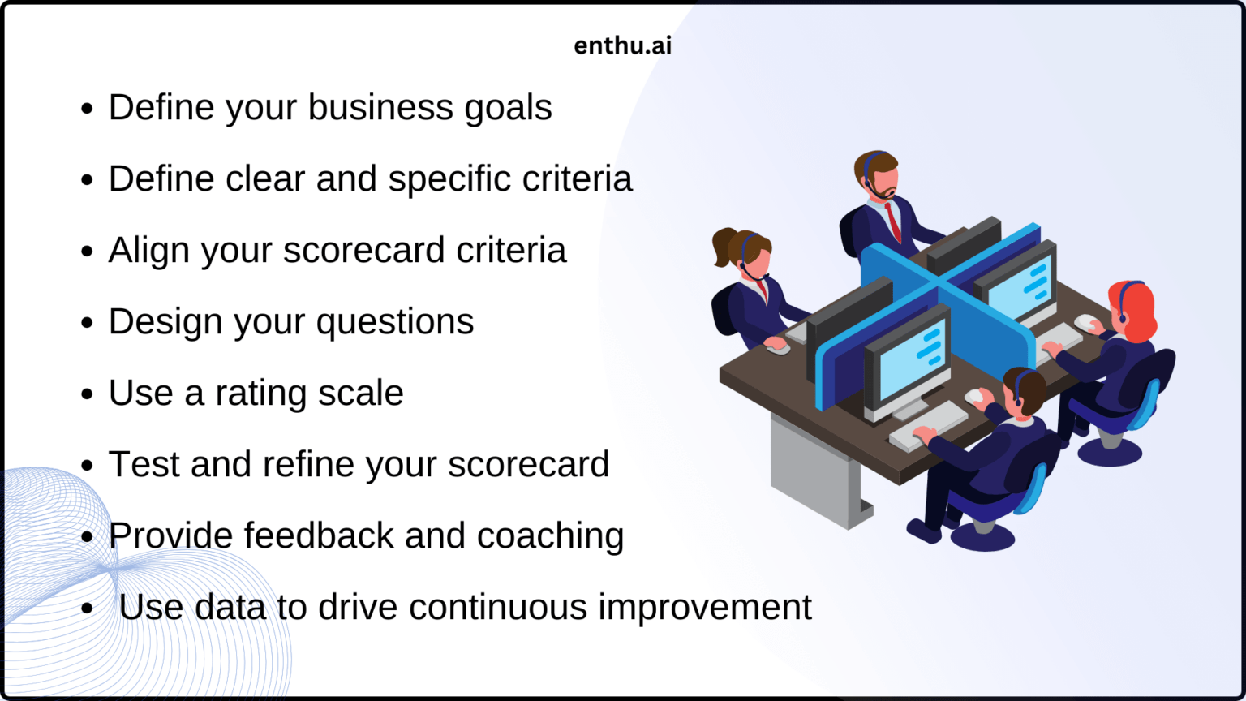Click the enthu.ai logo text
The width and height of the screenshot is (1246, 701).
coord(622,45)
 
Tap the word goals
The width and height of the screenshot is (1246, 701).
coord(509,108)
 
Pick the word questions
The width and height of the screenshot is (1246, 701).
coord(395,322)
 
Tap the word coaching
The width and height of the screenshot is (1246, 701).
coord(550,535)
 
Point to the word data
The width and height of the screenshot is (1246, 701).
coord(230,607)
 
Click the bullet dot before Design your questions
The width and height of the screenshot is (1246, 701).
coord(88,323)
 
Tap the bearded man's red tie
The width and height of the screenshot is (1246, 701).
coord(893,221)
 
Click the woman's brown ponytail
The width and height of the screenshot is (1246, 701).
coord(723,247)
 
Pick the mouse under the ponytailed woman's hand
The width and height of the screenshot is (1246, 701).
coord(778,349)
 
